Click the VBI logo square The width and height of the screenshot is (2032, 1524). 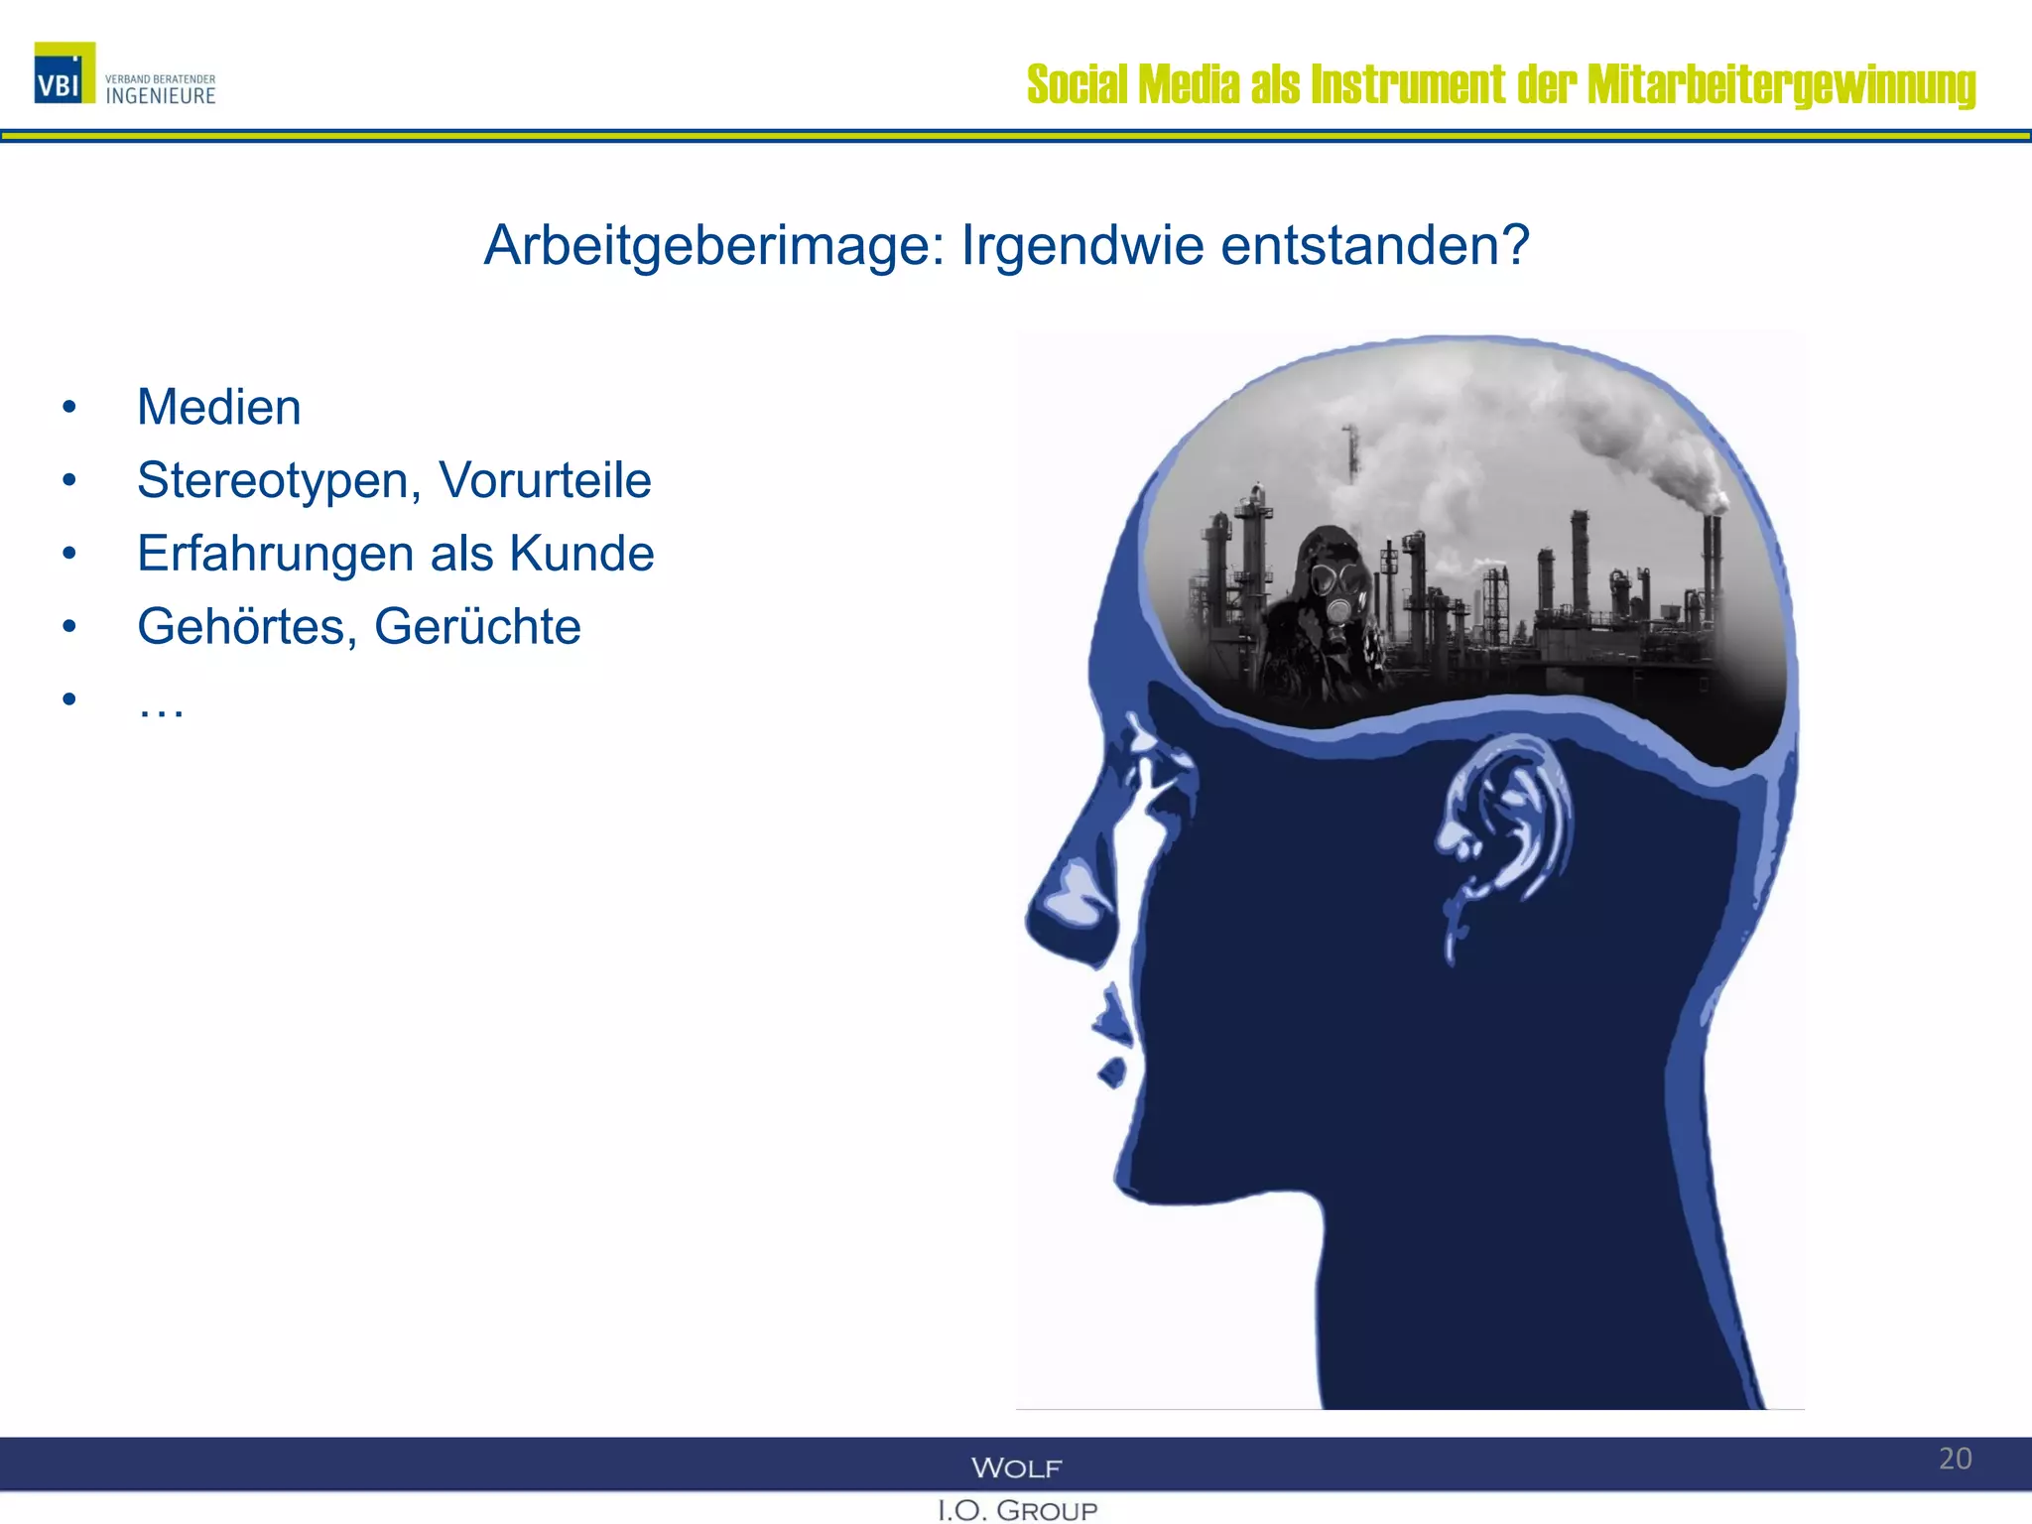tap(64, 72)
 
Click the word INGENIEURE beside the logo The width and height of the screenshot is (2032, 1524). tap(161, 96)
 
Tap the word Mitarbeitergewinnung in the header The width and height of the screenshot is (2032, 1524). tap(1781, 85)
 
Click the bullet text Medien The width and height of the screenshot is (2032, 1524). tap(219, 407)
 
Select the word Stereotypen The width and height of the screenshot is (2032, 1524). tap(274, 481)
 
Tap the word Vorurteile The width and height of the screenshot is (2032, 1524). tap(545, 480)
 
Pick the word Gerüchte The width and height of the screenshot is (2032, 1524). tap(477, 626)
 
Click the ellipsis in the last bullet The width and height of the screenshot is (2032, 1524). tap(161, 706)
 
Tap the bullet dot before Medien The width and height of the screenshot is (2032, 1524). tap(68, 407)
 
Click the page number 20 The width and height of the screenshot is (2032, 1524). tap(1955, 1459)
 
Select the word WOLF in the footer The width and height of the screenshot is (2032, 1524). tap(1016, 1467)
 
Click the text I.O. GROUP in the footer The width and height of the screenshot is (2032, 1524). tap(1017, 1510)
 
